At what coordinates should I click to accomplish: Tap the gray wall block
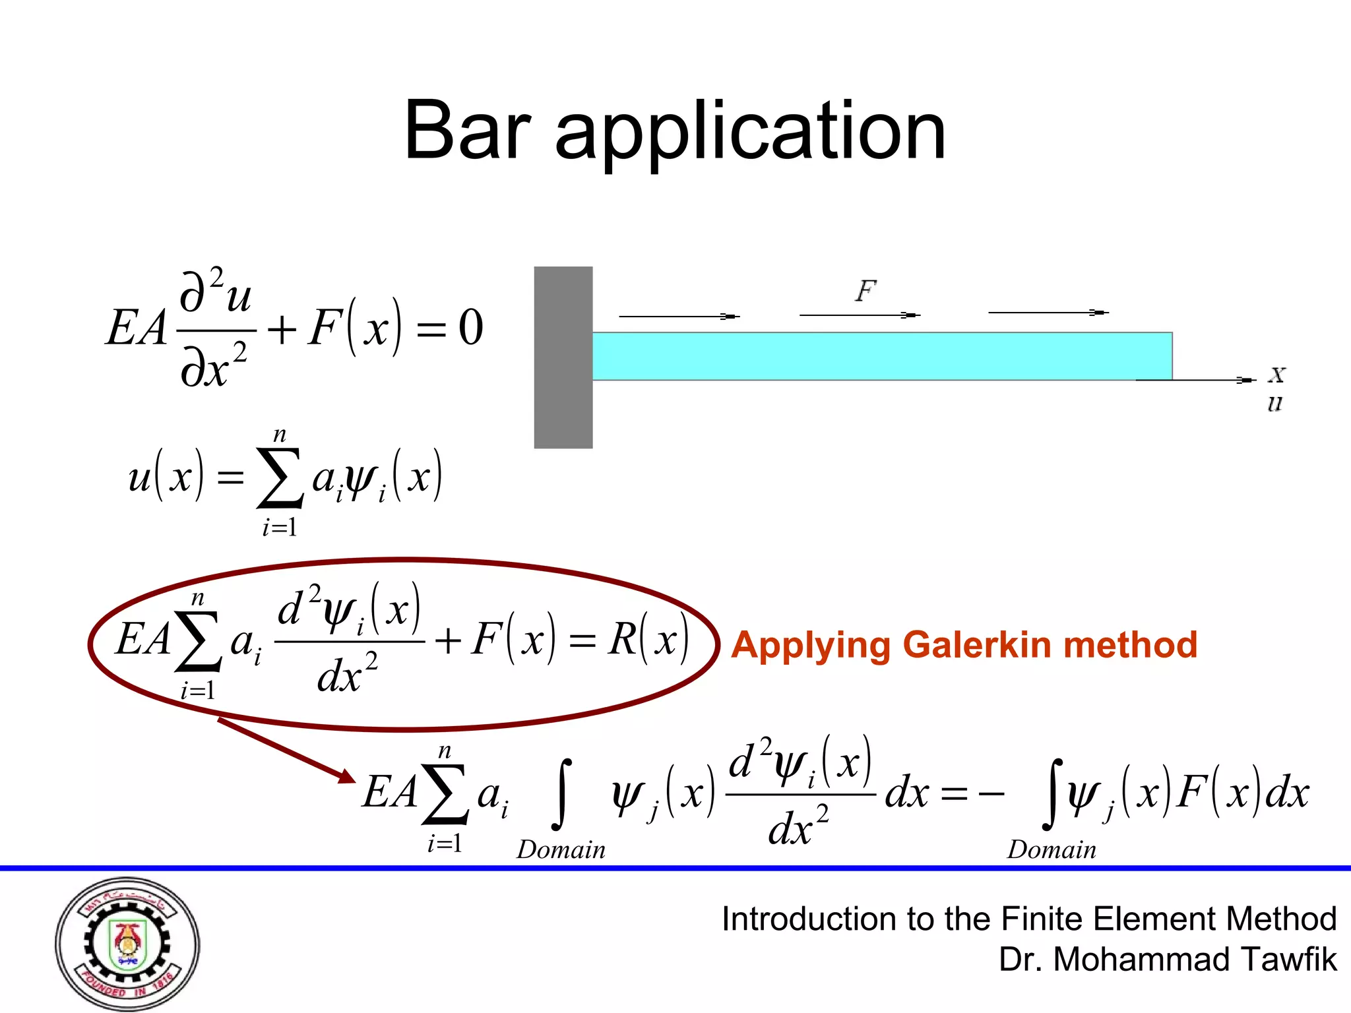[563, 357]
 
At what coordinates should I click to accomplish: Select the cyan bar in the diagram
[881, 356]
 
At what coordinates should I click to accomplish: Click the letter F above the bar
[865, 291]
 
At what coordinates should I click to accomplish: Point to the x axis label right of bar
[1277, 375]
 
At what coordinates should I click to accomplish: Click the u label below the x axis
[1274, 404]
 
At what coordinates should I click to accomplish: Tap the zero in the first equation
[470, 328]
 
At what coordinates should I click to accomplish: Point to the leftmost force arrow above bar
[679, 317]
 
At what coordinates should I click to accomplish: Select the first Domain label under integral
[561, 850]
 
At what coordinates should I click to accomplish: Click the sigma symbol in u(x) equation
[280, 478]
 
